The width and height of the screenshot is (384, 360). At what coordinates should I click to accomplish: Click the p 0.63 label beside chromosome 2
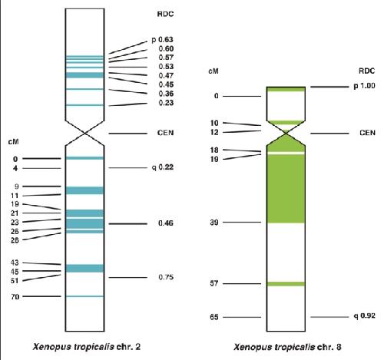[x=162, y=40]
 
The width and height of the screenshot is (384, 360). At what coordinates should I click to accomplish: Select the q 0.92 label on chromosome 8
[x=364, y=316]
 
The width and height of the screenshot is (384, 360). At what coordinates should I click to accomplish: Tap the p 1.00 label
[x=364, y=86]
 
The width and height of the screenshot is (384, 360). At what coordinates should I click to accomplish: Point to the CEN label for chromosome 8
[x=367, y=133]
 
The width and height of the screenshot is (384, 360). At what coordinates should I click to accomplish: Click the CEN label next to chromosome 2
[x=165, y=133]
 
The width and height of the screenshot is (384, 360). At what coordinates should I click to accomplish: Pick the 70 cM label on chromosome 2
[x=15, y=297]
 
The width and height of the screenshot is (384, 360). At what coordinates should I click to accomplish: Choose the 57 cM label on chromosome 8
[x=214, y=283]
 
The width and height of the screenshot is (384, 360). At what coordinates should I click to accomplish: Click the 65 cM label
[x=214, y=317]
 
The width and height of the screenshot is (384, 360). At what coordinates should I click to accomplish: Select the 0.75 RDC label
[x=166, y=277]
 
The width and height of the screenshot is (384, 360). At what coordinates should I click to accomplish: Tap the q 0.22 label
[x=163, y=167]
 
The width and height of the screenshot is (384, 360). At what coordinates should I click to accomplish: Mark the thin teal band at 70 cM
[x=84, y=296]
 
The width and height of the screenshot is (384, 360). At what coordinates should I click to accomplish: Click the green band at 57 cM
[x=286, y=284]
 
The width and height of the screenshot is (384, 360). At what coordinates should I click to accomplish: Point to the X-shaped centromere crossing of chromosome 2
[x=84, y=133]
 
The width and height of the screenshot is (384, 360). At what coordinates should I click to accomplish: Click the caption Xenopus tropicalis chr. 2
[x=87, y=347]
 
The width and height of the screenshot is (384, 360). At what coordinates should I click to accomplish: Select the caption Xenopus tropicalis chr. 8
[x=287, y=347]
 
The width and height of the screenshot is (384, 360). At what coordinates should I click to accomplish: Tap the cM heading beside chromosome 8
[x=214, y=71]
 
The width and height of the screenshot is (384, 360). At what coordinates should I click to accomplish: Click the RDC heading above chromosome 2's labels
[x=165, y=14]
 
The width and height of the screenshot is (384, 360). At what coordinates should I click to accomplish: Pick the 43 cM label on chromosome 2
[x=15, y=263]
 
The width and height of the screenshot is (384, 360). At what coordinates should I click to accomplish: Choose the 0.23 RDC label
[x=166, y=103]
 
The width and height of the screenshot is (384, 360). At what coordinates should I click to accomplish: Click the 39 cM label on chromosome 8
[x=214, y=223]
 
